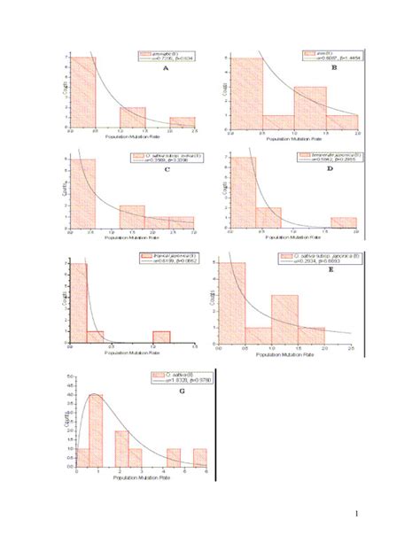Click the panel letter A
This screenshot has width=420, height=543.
(163, 77)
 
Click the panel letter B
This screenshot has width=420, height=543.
(334, 68)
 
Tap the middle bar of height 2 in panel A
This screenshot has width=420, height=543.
(132, 117)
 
